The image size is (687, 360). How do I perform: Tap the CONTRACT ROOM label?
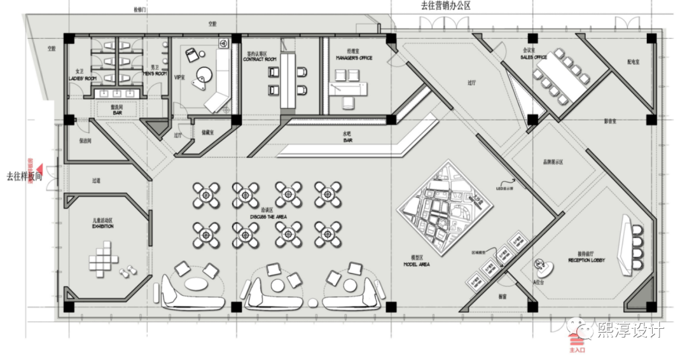260,59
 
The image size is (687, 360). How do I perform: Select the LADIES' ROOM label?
81,78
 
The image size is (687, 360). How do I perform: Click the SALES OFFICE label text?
534,57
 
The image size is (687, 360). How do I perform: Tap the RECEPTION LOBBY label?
586,261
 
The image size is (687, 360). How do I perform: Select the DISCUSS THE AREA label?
268,216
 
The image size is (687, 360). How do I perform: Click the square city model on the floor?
445,207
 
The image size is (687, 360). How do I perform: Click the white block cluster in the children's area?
102,261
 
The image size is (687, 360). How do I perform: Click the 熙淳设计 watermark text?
630,329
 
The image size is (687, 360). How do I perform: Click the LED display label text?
504,188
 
